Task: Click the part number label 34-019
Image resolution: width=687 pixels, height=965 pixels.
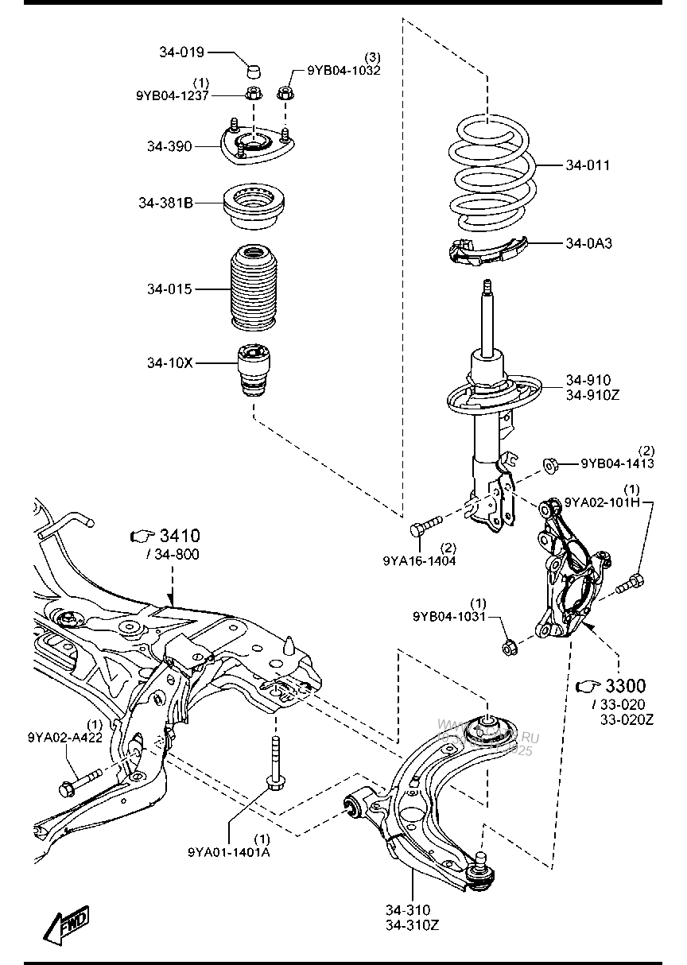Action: pos(182,52)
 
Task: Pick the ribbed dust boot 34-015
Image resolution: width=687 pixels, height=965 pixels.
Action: pos(255,289)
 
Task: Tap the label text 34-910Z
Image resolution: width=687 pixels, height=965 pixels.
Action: pos(592,394)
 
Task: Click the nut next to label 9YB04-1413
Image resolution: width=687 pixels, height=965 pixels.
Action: pos(549,463)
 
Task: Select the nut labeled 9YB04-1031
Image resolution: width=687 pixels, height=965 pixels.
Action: pos(509,647)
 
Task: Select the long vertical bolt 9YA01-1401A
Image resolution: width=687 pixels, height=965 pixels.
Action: pos(275,764)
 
